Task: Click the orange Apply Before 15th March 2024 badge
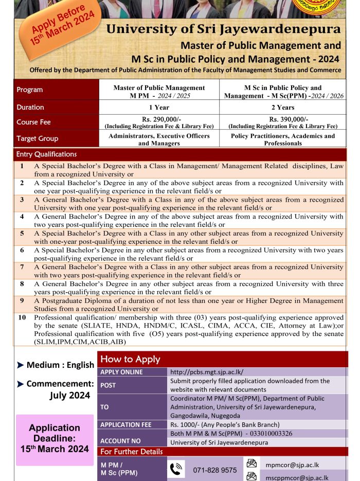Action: tap(63, 25)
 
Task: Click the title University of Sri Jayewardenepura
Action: tap(223, 29)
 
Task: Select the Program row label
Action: tap(30, 90)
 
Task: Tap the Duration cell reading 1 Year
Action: tap(159, 108)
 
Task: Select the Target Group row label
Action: tap(37, 138)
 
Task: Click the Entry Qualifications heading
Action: tap(46, 154)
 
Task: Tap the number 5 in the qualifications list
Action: tap(22, 233)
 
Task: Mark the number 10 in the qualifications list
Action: tap(22, 317)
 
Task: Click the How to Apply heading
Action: tap(130, 359)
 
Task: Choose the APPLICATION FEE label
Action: tap(126, 425)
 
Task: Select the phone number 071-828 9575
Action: tap(215, 470)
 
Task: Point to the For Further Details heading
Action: tap(131, 452)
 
